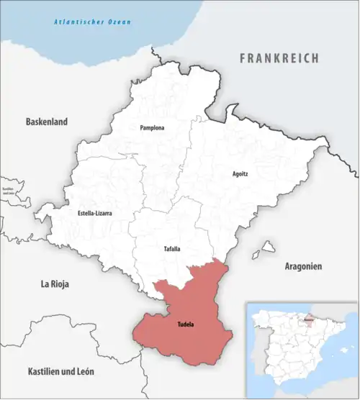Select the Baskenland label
click(x=46, y=122)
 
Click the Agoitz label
click(x=240, y=174)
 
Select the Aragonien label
click(x=303, y=265)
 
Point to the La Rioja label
click(x=54, y=284)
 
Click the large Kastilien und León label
click(x=60, y=371)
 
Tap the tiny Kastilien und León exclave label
click(x=9, y=191)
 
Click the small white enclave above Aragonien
click(x=269, y=247)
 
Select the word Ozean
click(x=119, y=23)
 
